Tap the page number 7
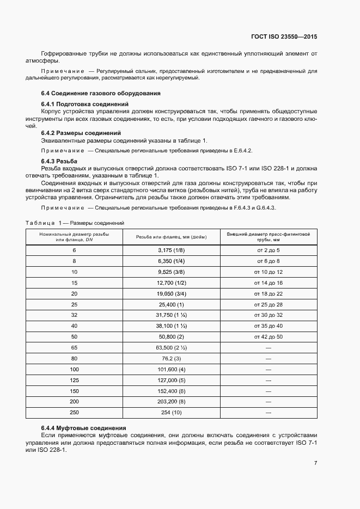point(315,463)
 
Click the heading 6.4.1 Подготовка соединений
point(84,103)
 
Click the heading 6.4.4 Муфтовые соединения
point(84,428)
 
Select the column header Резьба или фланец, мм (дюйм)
point(172,237)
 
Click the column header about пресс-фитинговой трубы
point(268,237)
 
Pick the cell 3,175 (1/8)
point(172,250)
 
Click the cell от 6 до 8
point(268,261)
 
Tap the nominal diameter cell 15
point(74,283)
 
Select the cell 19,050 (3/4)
point(172,293)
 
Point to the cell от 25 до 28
point(268,304)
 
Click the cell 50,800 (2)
point(172,337)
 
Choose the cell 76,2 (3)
point(172,359)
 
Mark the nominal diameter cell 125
point(74,381)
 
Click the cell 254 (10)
point(172,413)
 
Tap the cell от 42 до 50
point(268,337)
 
